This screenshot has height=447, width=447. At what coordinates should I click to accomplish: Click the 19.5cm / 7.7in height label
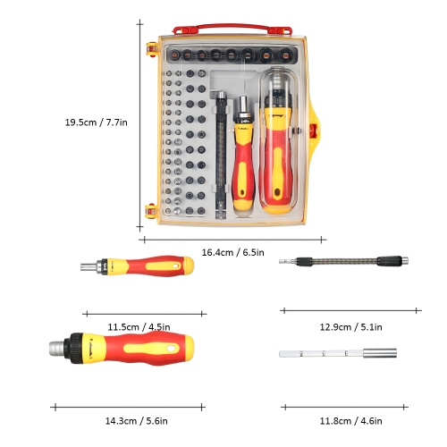click(97, 122)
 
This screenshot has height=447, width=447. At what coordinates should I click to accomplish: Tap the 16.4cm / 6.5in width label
click(232, 252)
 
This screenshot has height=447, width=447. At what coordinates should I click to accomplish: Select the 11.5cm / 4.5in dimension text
click(139, 327)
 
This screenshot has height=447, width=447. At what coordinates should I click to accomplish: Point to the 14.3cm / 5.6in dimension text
click(136, 421)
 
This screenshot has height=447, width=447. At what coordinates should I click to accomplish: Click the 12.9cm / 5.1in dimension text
click(350, 327)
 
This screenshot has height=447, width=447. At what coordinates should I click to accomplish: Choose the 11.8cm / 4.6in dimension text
click(350, 421)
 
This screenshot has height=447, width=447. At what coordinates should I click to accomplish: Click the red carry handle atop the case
click(232, 29)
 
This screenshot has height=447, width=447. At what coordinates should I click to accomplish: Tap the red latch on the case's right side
click(313, 131)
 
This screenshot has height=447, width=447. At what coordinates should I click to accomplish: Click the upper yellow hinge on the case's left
click(152, 49)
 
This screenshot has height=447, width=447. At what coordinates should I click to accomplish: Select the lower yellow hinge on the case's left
click(151, 211)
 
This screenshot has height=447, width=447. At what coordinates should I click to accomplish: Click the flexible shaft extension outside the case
click(343, 261)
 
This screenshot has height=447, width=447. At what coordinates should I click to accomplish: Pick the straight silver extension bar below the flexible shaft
click(338, 353)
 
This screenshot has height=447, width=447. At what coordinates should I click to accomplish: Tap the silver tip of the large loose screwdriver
click(56, 348)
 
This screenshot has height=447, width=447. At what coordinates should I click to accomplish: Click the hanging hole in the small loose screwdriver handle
click(178, 266)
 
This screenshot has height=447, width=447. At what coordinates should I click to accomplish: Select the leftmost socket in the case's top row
click(173, 55)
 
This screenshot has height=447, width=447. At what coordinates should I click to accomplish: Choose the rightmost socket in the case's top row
click(285, 55)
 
